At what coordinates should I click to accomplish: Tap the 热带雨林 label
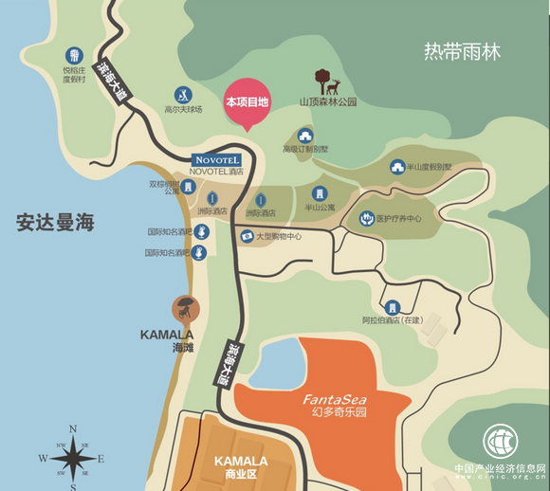[x=462, y=51]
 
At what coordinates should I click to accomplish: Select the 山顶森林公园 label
[x=328, y=101]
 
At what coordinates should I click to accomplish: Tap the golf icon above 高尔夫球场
[x=183, y=95]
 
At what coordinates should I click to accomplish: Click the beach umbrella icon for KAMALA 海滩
[x=184, y=308]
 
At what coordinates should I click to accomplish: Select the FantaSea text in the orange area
[x=331, y=399]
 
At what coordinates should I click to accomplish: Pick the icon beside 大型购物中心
[x=246, y=236]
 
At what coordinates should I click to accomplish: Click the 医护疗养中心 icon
[x=367, y=219]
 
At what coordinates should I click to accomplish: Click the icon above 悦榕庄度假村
[x=74, y=55]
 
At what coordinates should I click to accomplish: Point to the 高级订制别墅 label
[x=304, y=150]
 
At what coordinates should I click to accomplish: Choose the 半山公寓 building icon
[x=319, y=193]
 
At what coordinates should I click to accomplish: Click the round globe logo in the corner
[x=502, y=442]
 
